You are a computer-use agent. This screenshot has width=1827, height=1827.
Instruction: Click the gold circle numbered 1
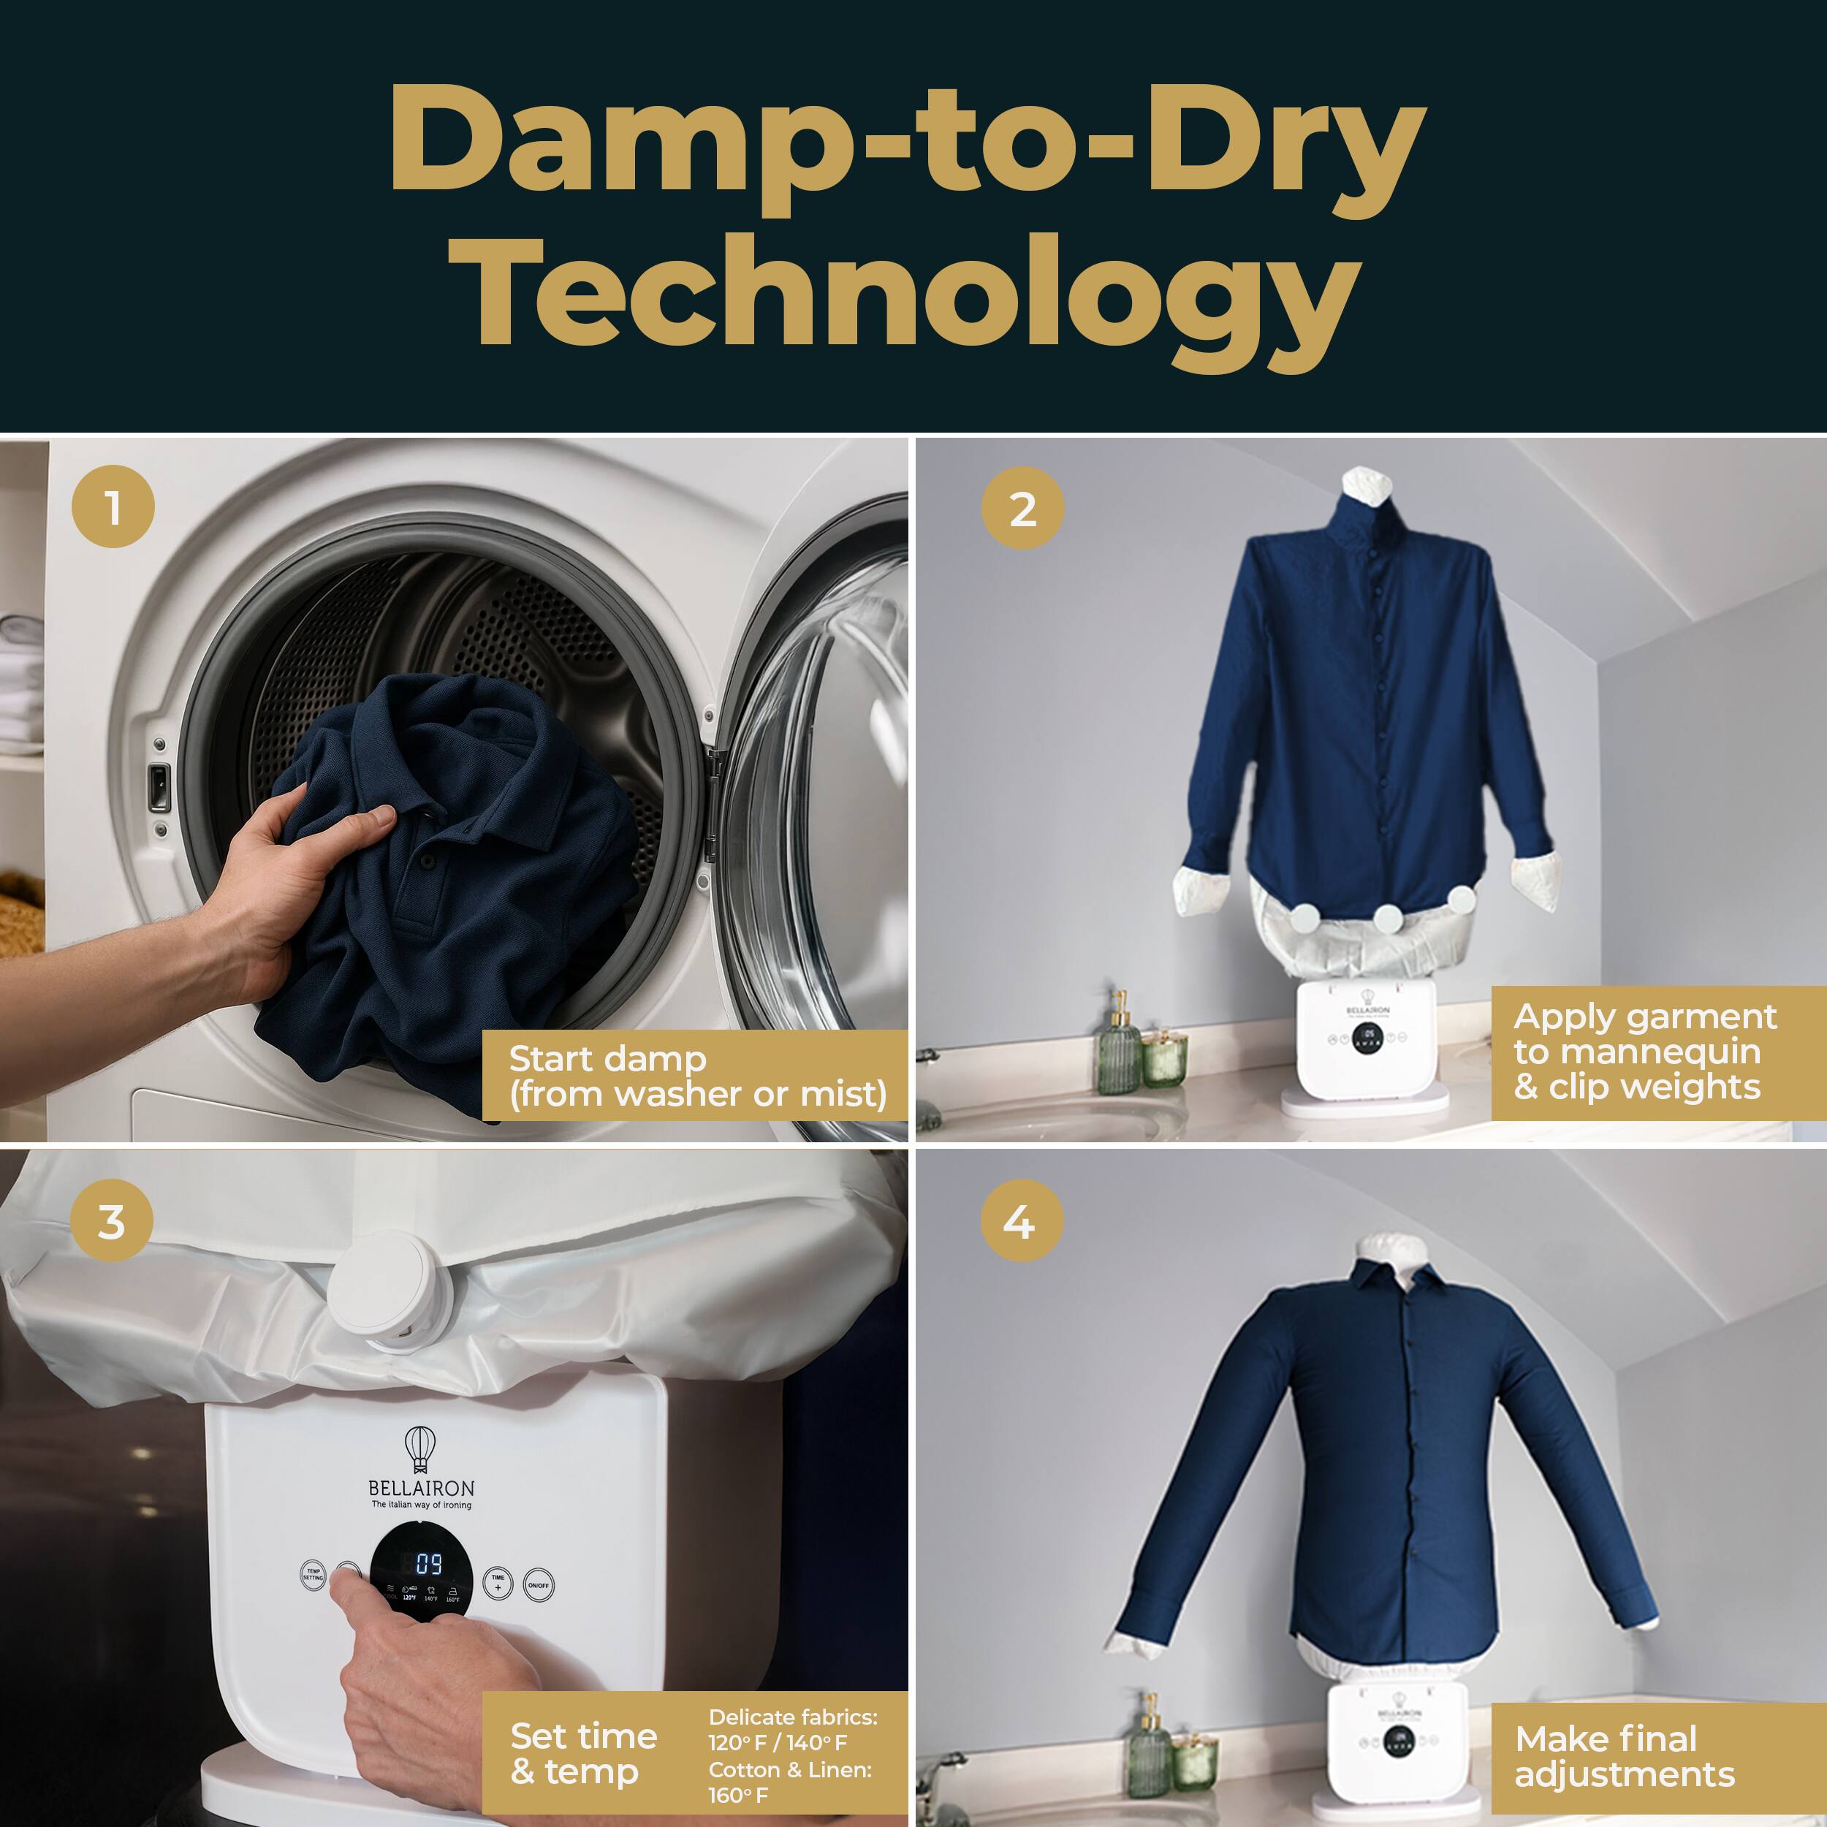point(113,507)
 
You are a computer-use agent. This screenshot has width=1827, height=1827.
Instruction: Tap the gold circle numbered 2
point(1022,508)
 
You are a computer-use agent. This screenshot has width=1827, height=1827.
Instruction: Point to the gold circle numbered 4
point(1022,1221)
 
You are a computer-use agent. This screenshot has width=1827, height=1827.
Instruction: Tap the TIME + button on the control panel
point(498,1583)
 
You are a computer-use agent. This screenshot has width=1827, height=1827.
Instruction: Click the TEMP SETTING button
point(313,1576)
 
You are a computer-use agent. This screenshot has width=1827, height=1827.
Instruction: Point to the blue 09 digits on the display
point(428,1564)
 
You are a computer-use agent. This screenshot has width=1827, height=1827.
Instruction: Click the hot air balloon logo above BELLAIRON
point(420,1448)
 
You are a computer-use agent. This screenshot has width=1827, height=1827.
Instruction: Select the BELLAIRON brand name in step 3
point(421,1489)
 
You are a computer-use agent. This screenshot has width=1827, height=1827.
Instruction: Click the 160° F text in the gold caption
point(739,1795)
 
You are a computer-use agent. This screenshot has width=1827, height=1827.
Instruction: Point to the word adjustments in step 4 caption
point(1625,1774)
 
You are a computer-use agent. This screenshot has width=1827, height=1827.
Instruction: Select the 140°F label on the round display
point(430,1599)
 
